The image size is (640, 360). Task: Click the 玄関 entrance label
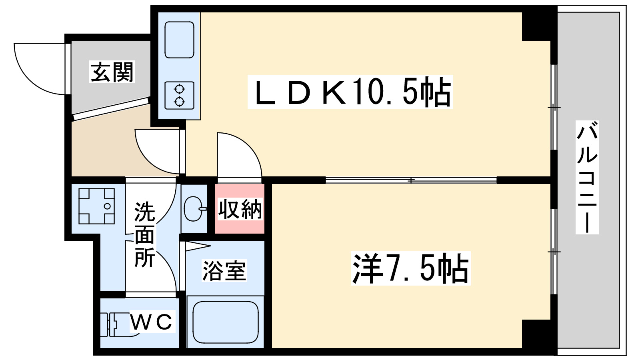pyautogui.click(x=112, y=72)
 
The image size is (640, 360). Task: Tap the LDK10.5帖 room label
pyautogui.click(x=350, y=92)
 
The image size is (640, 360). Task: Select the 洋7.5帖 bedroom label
pyautogui.click(x=410, y=268)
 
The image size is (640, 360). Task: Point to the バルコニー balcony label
pyautogui.click(x=587, y=177)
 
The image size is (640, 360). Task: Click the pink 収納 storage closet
pyautogui.click(x=240, y=209)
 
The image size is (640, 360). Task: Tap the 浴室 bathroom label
pyautogui.click(x=224, y=270)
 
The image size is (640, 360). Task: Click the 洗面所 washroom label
pyautogui.click(x=144, y=235)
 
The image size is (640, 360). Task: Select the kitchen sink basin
pyautogui.click(x=179, y=40)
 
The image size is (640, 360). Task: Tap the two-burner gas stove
pyautogui.click(x=179, y=95)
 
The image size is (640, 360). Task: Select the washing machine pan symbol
pyautogui.click(x=96, y=206)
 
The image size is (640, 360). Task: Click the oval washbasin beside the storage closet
pyautogui.click(x=194, y=208)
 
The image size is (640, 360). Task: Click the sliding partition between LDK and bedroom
pyautogui.click(x=411, y=180)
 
